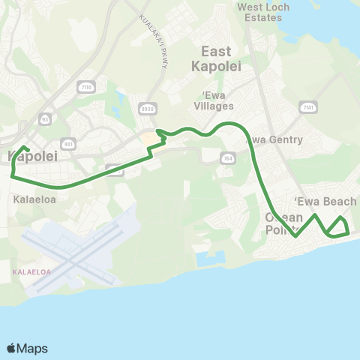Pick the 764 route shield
coord(227,157)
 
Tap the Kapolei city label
coord(28,157)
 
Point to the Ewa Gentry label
coord(275,139)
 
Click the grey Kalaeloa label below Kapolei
coord(30,200)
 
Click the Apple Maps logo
coord(27,348)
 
